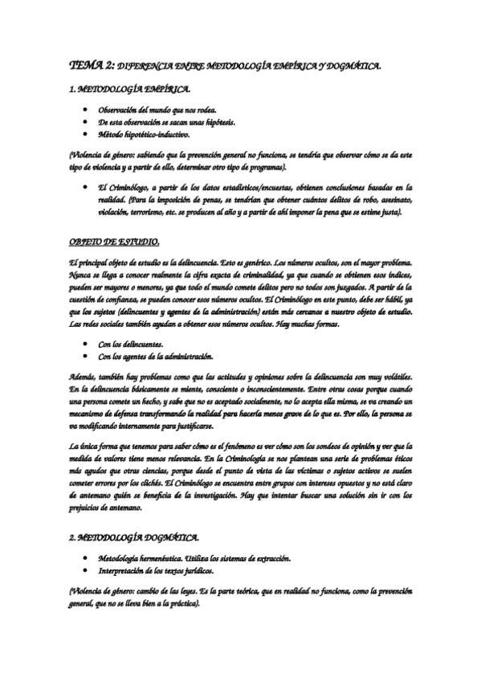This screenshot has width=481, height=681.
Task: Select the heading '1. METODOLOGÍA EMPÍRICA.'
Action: click(129, 91)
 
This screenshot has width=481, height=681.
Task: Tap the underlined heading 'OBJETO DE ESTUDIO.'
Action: click(115, 242)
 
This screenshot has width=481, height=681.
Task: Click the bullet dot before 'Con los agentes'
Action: click(85, 356)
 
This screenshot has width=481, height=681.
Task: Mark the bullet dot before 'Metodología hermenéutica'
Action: click(85, 558)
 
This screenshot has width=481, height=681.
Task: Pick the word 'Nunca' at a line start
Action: click(83, 275)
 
